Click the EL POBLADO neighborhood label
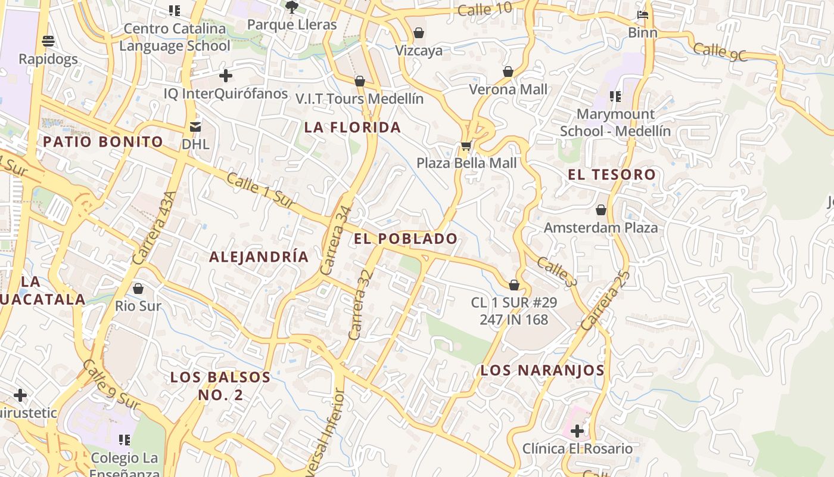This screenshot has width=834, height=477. pos(406,239)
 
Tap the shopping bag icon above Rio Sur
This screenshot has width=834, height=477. pos(138,289)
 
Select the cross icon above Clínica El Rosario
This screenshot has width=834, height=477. pos(577,430)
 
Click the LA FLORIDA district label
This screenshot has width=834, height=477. pos(353,127)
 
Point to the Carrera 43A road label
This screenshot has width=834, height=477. pos(154,228)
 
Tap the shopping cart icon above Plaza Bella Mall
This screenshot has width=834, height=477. pos(466,145)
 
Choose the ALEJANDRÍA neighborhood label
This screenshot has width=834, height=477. pos(259,257)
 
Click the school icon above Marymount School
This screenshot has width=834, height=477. pos(615,97)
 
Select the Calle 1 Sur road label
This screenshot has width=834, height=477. pos(261,191)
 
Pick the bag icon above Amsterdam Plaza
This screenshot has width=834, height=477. pos(601,210)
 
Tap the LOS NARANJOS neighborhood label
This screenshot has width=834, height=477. pos(543,370)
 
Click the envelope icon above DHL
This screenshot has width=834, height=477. pos(195,126)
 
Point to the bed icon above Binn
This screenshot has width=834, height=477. pos(643,15)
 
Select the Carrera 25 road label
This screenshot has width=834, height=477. pos(604,301)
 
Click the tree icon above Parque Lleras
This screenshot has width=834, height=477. pos(292,7)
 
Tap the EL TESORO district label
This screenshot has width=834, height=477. pos(612,175)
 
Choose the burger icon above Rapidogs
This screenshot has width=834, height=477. pos(48,41)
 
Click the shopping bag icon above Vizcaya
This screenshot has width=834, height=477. pos(419,33)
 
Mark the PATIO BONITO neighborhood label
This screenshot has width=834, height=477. pos(103,142)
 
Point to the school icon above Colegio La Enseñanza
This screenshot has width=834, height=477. pos(125,440)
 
